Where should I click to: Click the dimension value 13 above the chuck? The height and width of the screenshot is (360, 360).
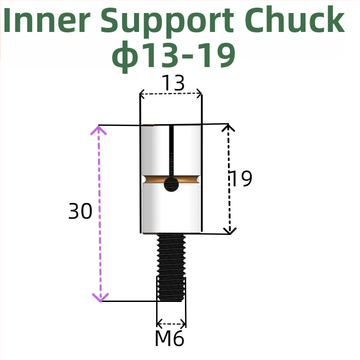(173, 83)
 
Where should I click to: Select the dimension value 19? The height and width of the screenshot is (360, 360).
(241, 179)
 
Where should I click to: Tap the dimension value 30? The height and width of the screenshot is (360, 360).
(80, 211)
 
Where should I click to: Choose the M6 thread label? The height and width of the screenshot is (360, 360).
(169, 339)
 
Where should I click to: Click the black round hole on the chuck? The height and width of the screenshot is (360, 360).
(171, 184)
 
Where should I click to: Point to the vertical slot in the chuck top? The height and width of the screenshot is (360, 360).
(171, 151)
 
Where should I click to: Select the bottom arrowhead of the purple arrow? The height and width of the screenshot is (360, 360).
(100, 297)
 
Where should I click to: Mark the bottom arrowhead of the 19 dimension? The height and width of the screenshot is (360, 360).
(230, 231)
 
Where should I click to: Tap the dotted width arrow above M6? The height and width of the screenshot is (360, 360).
(171, 323)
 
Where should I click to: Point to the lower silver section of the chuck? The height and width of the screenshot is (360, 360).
(171, 211)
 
